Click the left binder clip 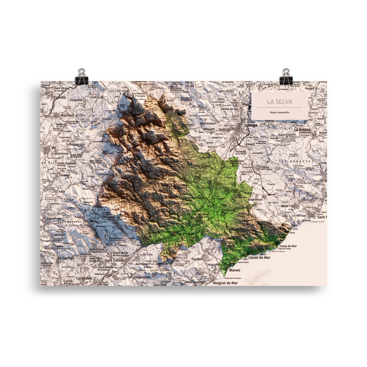coord(81,76)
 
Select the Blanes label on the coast coord(235,270)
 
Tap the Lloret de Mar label coord(259,258)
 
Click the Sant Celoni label coord(114,260)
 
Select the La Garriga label coord(66,258)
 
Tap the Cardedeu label coord(84,278)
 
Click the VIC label coord(44,148)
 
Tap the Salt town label coord(222,130)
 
